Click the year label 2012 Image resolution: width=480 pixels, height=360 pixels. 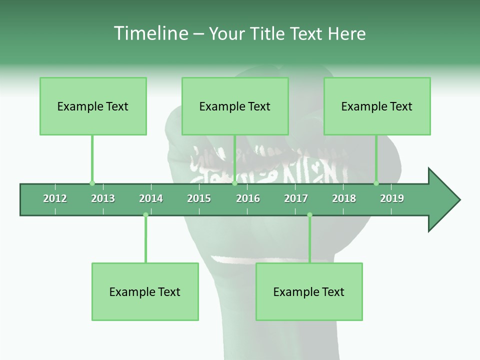(55, 198)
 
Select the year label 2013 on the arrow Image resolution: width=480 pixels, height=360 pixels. (103, 198)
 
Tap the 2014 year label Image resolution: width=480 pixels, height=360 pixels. (151, 198)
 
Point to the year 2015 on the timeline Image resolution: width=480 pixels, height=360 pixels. (199, 198)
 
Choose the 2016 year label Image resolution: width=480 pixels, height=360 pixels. (248, 198)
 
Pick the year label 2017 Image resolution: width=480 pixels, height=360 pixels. (296, 198)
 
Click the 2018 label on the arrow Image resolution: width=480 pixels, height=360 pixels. (344, 198)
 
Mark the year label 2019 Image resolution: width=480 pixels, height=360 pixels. (392, 198)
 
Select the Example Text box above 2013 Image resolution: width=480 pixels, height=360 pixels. (93, 106)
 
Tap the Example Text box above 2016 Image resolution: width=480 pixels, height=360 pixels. (235, 106)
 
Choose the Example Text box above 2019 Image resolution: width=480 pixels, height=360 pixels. (377, 106)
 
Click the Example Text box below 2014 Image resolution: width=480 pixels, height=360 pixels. (145, 291)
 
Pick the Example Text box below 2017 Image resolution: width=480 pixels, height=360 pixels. (309, 291)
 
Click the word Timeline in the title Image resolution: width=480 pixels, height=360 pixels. (150, 33)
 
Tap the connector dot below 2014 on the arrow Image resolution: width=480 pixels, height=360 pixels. (145, 215)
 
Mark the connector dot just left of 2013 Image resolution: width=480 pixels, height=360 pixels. (92, 183)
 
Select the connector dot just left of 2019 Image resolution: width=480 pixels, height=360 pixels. (376, 183)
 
